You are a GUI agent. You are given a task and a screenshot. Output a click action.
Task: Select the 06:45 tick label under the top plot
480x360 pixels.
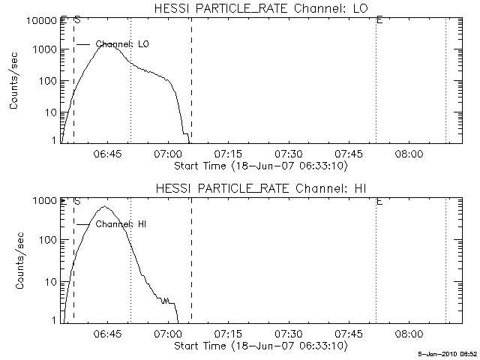coord(106,153)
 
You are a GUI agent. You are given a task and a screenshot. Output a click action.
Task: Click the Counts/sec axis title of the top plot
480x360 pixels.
coord(15,82)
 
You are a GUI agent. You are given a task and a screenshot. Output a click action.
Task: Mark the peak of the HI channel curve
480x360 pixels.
coord(106,206)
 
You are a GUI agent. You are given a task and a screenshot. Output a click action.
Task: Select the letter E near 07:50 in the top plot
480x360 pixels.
coord(379,20)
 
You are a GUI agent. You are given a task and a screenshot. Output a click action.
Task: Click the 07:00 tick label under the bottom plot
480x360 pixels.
coord(166,334)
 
